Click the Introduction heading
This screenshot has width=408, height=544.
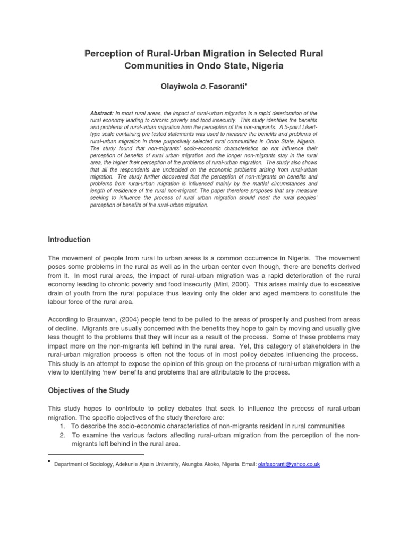(69, 240)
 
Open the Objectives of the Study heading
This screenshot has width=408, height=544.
(89, 390)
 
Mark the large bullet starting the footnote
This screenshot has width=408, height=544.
(50, 461)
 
